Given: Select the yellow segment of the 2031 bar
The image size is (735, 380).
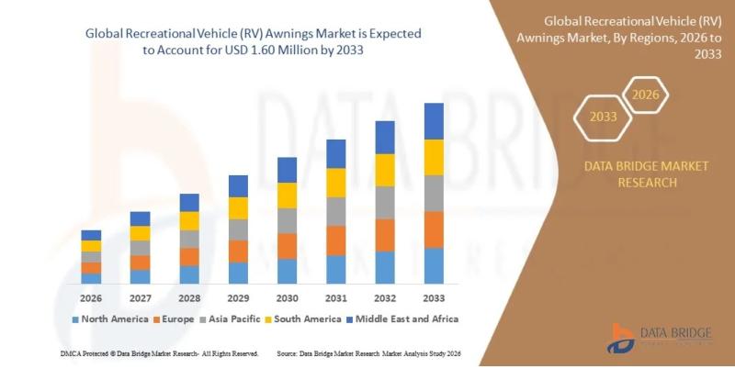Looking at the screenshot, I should pyautogui.click(x=336, y=183).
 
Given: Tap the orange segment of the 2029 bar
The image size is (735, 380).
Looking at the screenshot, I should pyautogui.click(x=238, y=251).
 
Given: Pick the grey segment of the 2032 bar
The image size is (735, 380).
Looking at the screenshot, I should pyautogui.click(x=385, y=202).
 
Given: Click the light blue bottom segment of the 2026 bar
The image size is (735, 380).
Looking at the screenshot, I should pyautogui.click(x=91, y=278).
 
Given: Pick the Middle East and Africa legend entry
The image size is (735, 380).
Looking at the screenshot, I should pyautogui.click(x=407, y=319).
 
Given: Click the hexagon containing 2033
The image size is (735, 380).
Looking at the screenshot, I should pyautogui.click(x=602, y=117).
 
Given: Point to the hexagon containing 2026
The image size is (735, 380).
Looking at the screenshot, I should pyautogui.click(x=646, y=94).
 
